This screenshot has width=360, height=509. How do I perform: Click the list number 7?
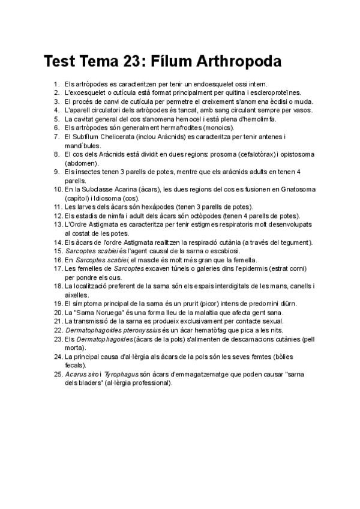click(x=56, y=137)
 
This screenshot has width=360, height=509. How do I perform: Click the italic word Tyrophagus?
click(x=121, y=374)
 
